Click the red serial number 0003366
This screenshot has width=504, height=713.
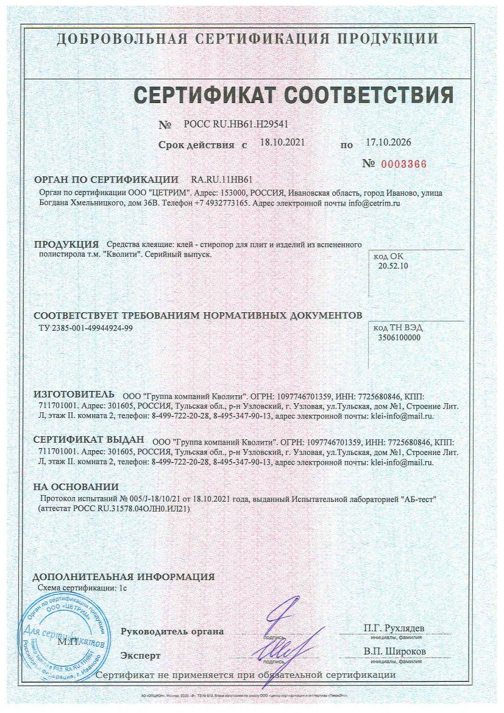tap(403, 164)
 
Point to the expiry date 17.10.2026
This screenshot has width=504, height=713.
tap(388, 143)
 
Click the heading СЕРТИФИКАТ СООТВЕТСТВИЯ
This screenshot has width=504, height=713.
tap(293, 95)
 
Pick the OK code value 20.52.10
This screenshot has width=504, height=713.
tap(393, 266)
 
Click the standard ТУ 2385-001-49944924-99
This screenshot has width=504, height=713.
tap(85, 328)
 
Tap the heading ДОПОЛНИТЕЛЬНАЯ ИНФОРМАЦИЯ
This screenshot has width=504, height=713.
tap(123, 576)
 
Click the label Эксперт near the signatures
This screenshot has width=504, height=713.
tap(141, 656)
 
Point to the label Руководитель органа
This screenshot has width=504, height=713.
tap(172, 631)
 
